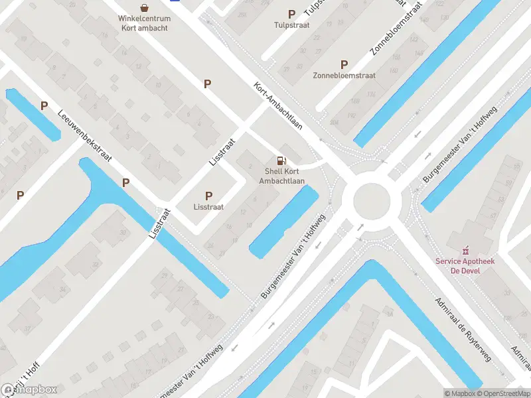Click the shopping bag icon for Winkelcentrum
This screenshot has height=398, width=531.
click(144, 7)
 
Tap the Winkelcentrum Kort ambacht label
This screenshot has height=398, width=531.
click(144, 23)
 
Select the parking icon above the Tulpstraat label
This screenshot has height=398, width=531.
click(291, 14)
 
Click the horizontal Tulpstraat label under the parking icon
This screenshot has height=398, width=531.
click(291, 25)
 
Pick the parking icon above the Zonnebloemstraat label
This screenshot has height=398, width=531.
click(344, 64)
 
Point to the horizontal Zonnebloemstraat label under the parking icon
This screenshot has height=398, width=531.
click(344, 76)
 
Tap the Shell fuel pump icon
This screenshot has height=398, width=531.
click(281, 161)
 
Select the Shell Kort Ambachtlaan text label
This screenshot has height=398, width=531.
click(281, 176)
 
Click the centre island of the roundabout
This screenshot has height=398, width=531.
click(370, 201)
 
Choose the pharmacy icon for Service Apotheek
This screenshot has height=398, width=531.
click(465, 251)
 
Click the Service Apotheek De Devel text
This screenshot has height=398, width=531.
click(465, 266)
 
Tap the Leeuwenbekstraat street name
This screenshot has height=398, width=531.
click(84, 136)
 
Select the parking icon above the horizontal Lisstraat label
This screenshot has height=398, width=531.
click(208, 196)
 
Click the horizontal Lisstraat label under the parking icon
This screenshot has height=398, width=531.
click(208, 207)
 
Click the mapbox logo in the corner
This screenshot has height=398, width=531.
click(29, 390)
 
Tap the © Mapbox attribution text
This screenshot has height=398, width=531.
click(459, 393)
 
